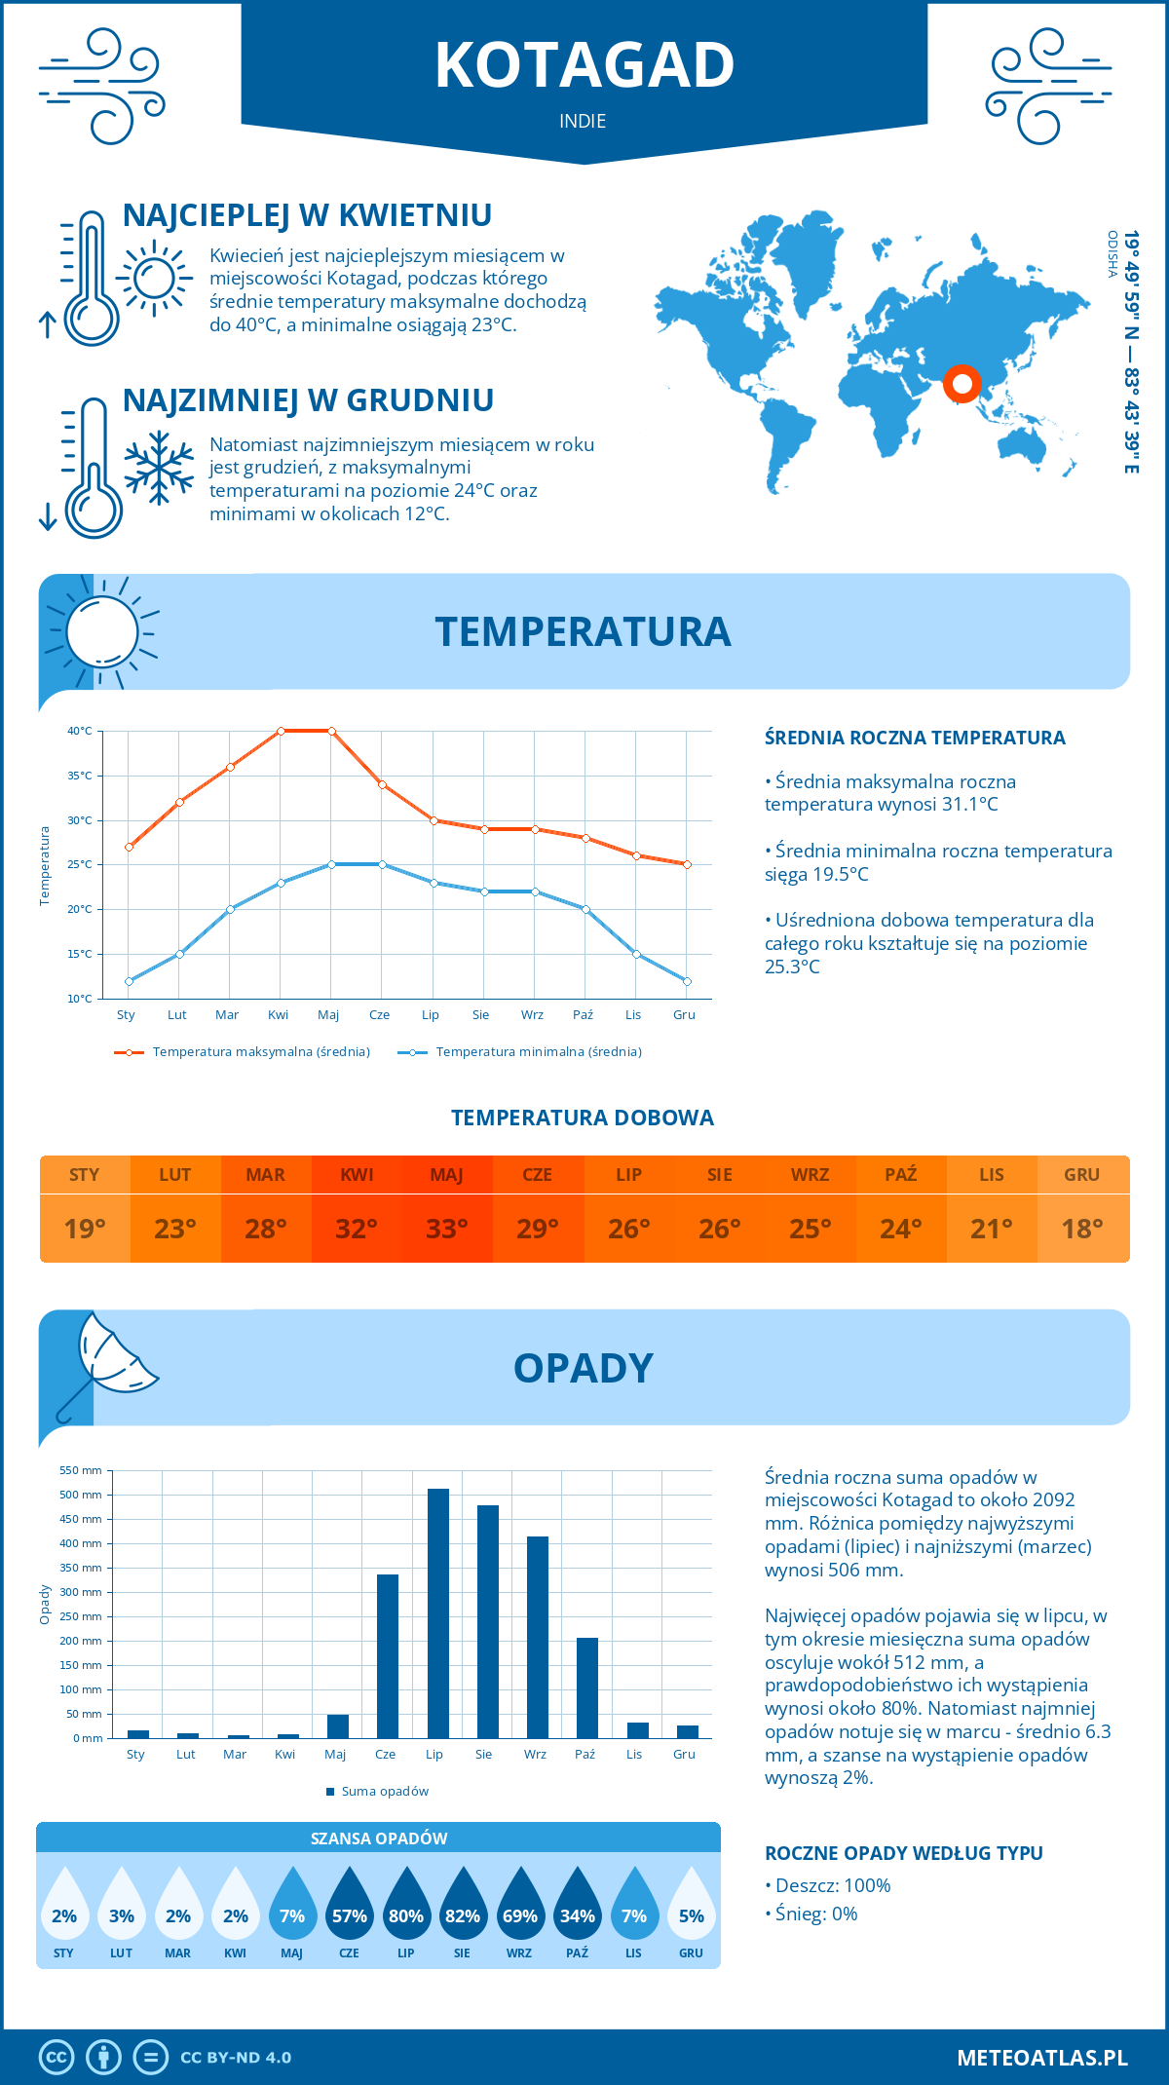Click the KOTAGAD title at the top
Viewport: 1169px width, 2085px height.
point(584,65)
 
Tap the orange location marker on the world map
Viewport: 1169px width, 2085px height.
point(962,384)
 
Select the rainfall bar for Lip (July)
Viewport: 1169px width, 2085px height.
point(438,1612)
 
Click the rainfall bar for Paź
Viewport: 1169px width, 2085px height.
point(586,1687)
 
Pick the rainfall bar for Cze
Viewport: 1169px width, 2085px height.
point(388,1655)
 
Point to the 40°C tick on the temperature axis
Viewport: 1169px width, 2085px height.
point(80,731)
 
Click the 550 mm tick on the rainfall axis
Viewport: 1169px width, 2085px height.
point(81,1470)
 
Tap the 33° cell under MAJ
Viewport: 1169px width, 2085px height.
point(447,1229)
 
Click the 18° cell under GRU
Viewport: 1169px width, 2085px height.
point(1082,1229)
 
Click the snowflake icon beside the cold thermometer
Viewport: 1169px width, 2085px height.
point(159,468)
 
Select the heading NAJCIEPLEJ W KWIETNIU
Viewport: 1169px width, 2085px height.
point(307,215)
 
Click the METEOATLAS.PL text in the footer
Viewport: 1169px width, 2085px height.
point(1042,2058)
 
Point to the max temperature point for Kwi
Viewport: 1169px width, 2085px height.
point(281,731)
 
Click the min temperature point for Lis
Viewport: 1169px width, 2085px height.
point(636,954)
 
